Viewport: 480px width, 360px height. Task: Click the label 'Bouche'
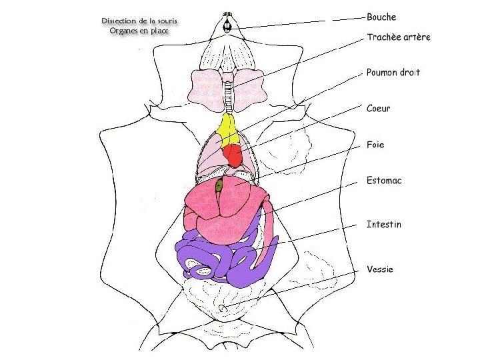[x=381, y=17]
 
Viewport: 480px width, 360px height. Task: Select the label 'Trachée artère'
[x=399, y=37]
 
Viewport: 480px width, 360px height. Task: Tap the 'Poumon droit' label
[x=393, y=73]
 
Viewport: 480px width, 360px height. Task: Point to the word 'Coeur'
[x=379, y=109]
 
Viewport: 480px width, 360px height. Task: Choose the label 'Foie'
[x=375, y=145]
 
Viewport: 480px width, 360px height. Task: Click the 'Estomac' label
[x=384, y=181]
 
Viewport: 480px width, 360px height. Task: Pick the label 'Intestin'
[x=384, y=225]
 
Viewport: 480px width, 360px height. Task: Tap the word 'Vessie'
[x=380, y=269]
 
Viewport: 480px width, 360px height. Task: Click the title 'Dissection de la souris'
[x=140, y=21]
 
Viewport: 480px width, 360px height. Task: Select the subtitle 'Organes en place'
[x=139, y=31]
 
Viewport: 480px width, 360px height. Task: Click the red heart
[x=233, y=156]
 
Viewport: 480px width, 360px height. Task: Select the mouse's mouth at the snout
[x=227, y=26]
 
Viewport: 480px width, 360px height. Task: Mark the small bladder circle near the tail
[x=223, y=307]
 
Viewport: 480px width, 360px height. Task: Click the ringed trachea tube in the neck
[x=228, y=93]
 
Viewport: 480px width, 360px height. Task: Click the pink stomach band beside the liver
[x=269, y=230]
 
